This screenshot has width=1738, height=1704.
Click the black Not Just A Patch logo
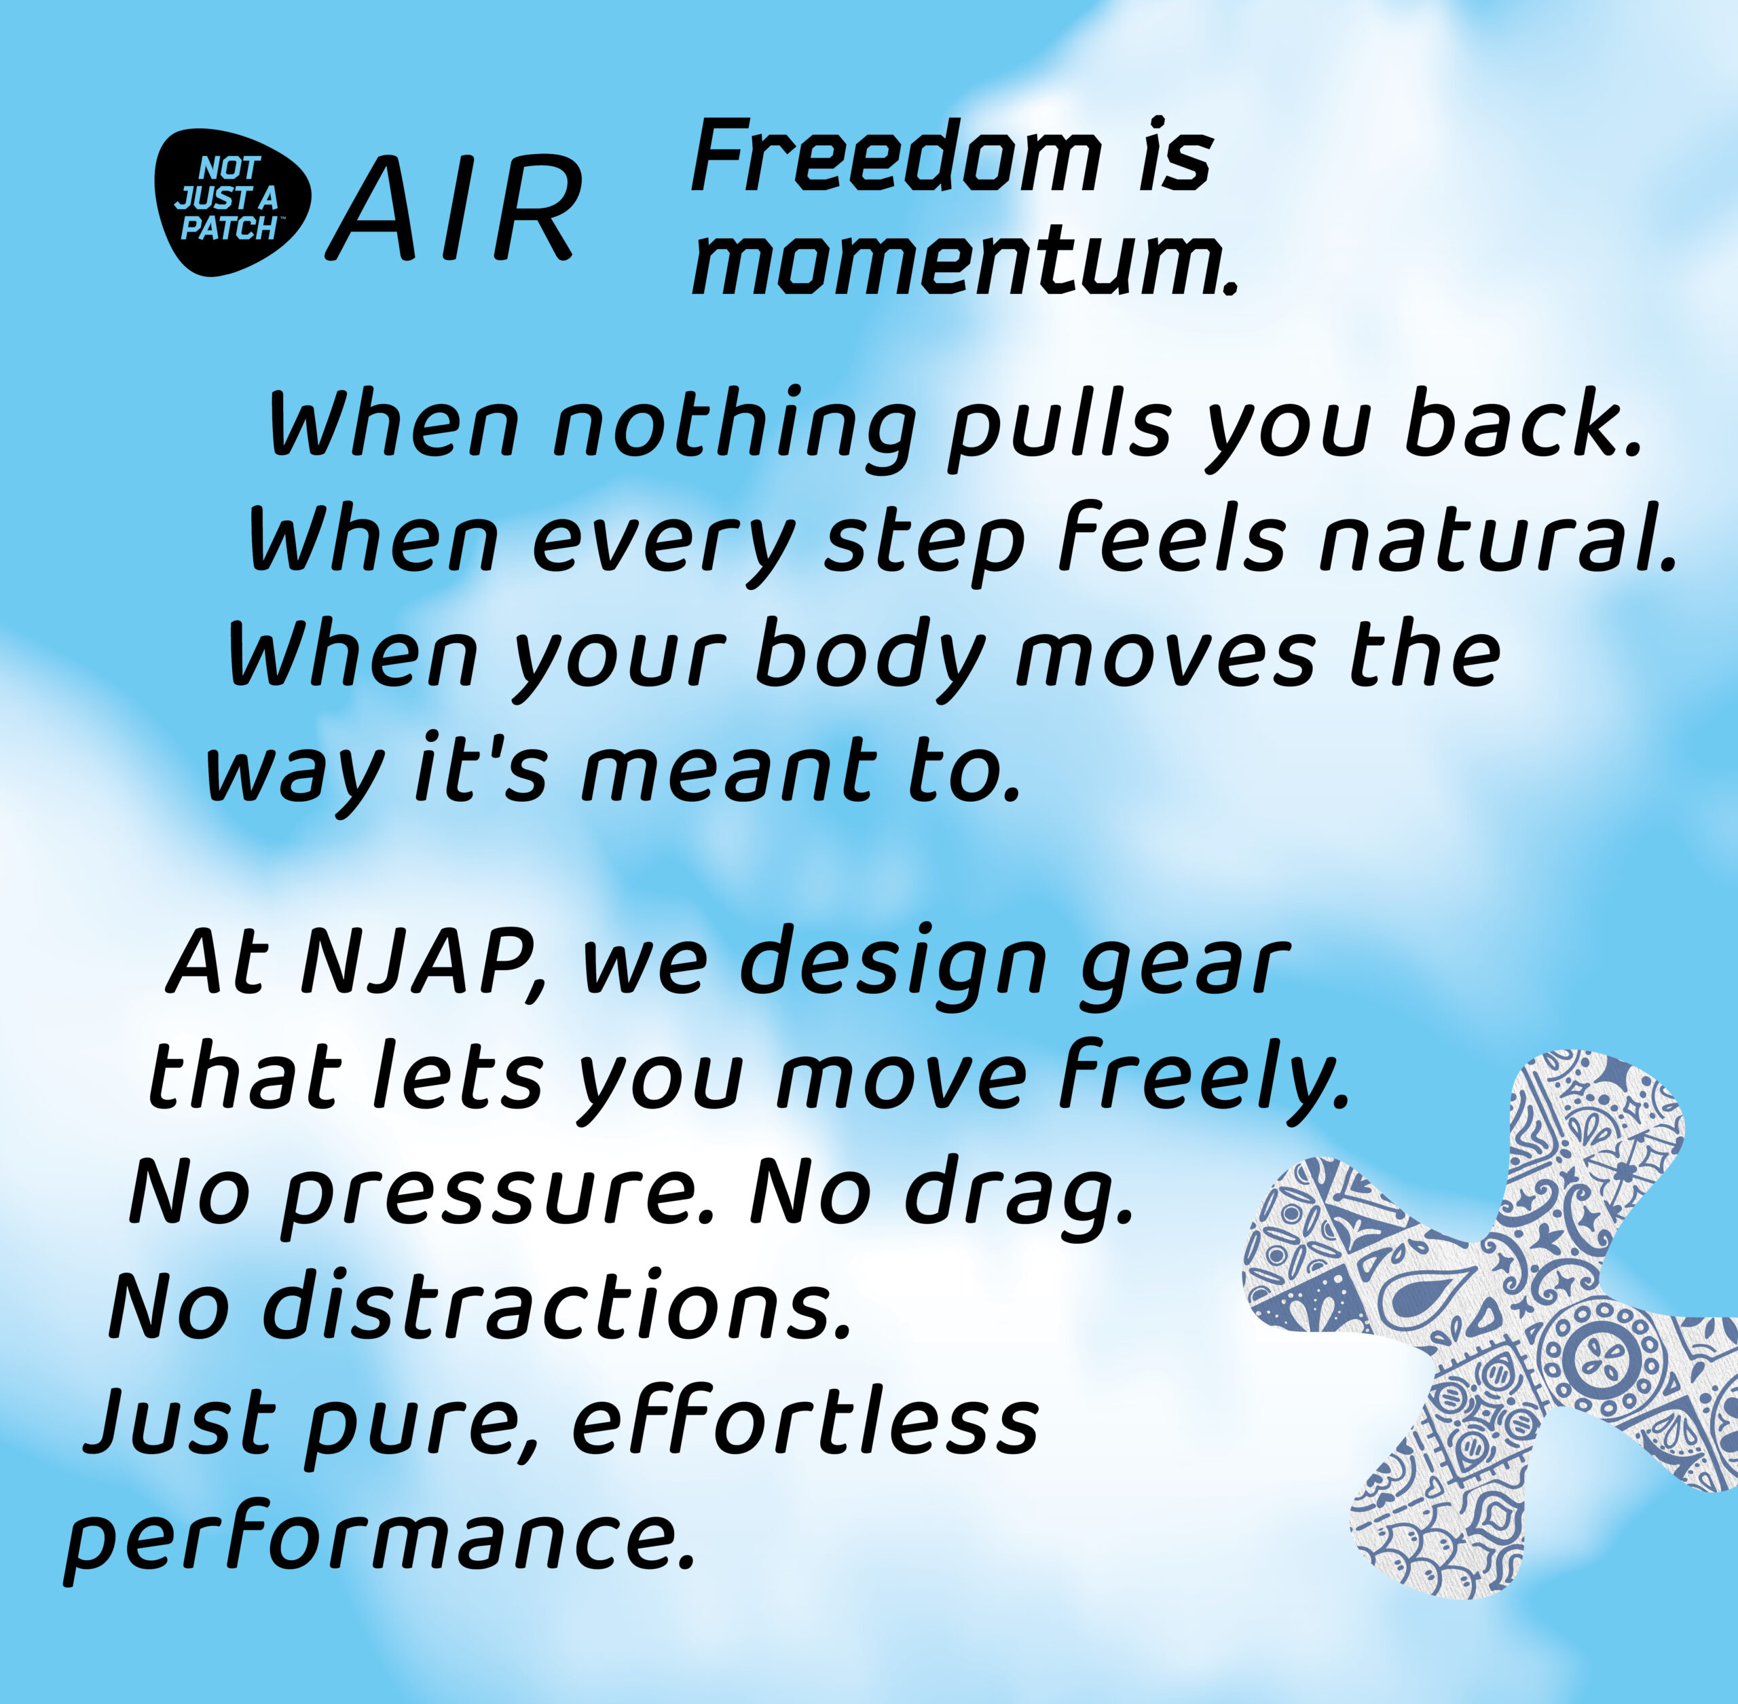click(233, 202)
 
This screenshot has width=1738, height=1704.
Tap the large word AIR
click(453, 208)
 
